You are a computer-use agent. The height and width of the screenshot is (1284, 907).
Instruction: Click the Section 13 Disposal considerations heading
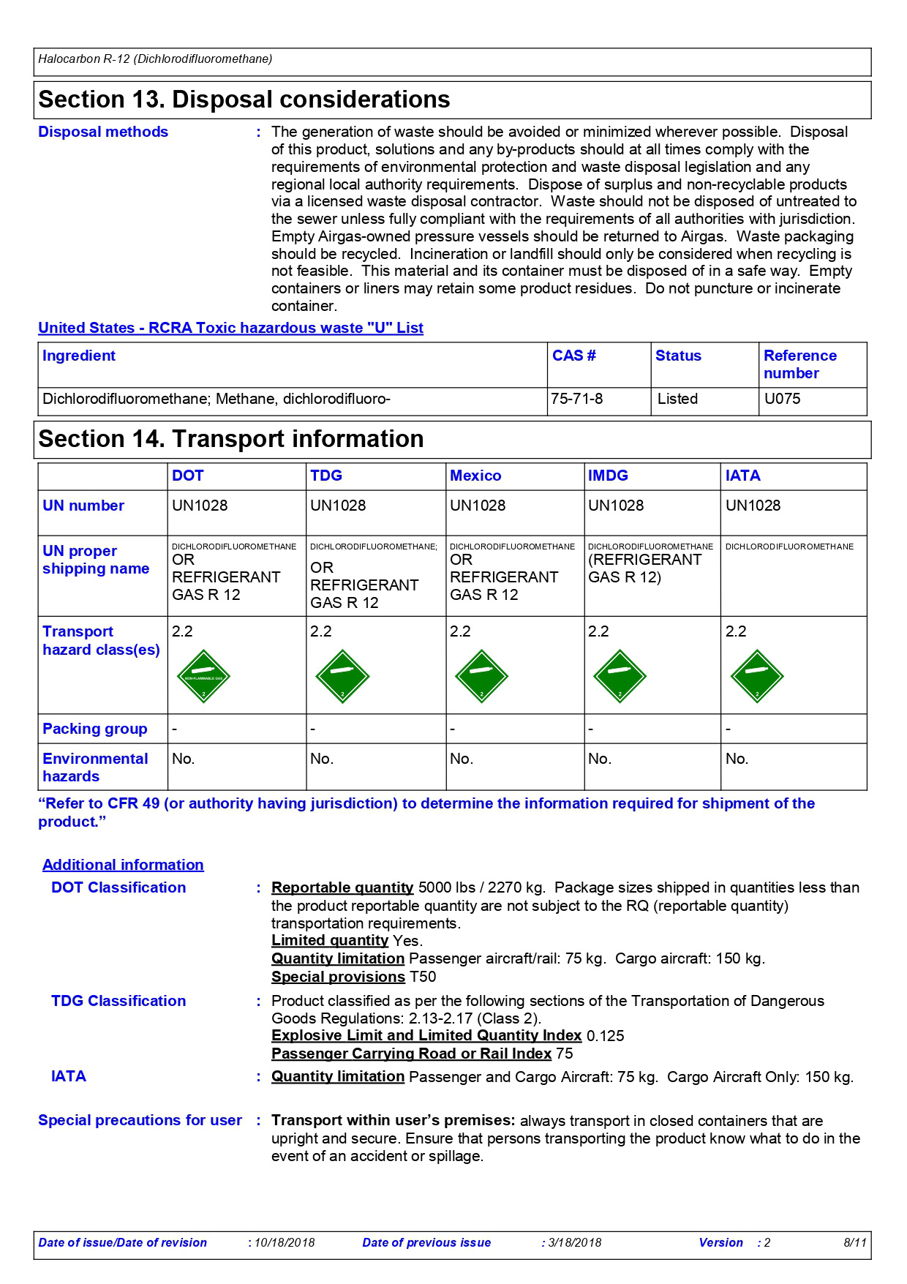pos(244,100)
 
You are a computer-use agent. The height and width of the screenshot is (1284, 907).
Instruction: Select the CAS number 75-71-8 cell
pos(577,399)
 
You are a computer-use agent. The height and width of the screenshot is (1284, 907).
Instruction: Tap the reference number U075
pos(782,399)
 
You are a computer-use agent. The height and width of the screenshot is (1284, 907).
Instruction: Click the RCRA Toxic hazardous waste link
pos(230,328)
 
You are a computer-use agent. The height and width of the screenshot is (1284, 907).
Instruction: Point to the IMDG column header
pos(608,476)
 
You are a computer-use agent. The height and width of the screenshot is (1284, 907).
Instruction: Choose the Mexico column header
pos(475,476)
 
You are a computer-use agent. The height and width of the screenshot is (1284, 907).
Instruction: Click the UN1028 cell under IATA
pos(753,506)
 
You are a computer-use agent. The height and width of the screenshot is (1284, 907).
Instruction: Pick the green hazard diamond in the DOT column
pos(203,676)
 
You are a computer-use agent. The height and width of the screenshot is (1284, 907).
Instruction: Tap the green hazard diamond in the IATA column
pos(757,676)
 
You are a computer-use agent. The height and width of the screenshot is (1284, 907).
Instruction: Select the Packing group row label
pos(95,729)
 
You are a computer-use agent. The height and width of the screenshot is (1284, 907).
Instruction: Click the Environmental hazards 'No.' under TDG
pos(322,759)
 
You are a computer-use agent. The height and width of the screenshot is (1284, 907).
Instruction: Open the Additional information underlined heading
pos(123,865)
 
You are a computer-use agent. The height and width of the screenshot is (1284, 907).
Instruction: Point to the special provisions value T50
pos(423,977)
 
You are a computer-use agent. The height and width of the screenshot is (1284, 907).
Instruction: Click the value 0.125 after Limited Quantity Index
pos(606,1036)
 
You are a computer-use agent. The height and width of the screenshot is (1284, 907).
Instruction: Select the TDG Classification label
pos(118,1001)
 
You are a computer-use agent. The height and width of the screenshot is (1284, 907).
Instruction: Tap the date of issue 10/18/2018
pos(285,1242)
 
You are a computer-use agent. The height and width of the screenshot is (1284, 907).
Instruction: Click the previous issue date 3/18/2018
pos(574,1242)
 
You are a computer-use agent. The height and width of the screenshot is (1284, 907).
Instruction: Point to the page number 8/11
pos(854,1242)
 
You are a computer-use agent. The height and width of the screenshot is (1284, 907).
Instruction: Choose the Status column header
pos(678,356)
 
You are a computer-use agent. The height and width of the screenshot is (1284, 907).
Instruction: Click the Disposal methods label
pos(103,132)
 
